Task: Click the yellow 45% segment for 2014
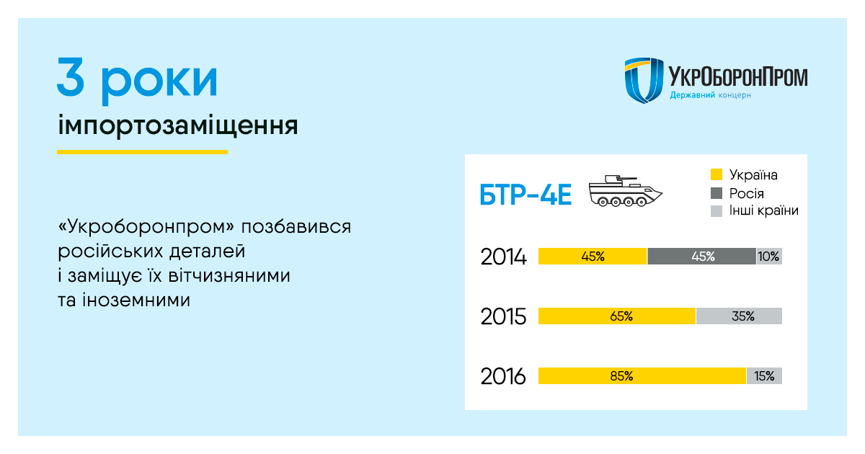coord(593,257)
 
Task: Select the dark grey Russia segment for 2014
coord(701,257)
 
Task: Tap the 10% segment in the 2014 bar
coord(769,257)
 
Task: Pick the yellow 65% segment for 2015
coord(617,316)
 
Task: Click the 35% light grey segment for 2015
coord(739,316)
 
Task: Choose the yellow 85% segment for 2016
coord(642,376)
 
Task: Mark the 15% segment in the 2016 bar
coord(765,376)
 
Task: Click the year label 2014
coord(503,257)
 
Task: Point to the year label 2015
coord(503,316)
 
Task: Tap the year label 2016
coord(503,376)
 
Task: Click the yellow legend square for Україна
coord(717,174)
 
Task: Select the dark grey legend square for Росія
coord(717,193)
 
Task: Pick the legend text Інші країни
coord(764,210)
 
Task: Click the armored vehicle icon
coord(625,191)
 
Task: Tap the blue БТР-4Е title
coord(525,195)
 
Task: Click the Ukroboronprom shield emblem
coord(644,80)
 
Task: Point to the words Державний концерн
coord(711,95)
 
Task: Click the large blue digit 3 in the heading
coord(71,76)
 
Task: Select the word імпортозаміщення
coord(178,125)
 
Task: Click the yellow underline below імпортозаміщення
coord(142,152)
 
